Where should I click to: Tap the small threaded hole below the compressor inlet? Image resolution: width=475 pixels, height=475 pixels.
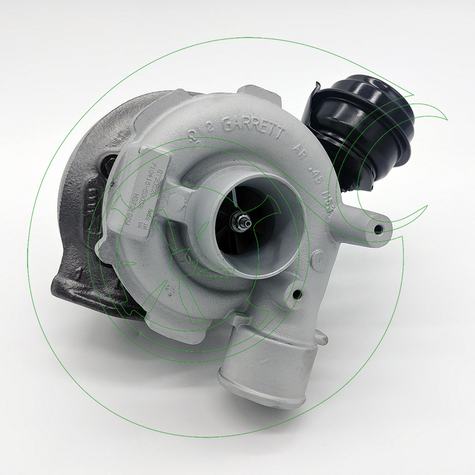(297, 295)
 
